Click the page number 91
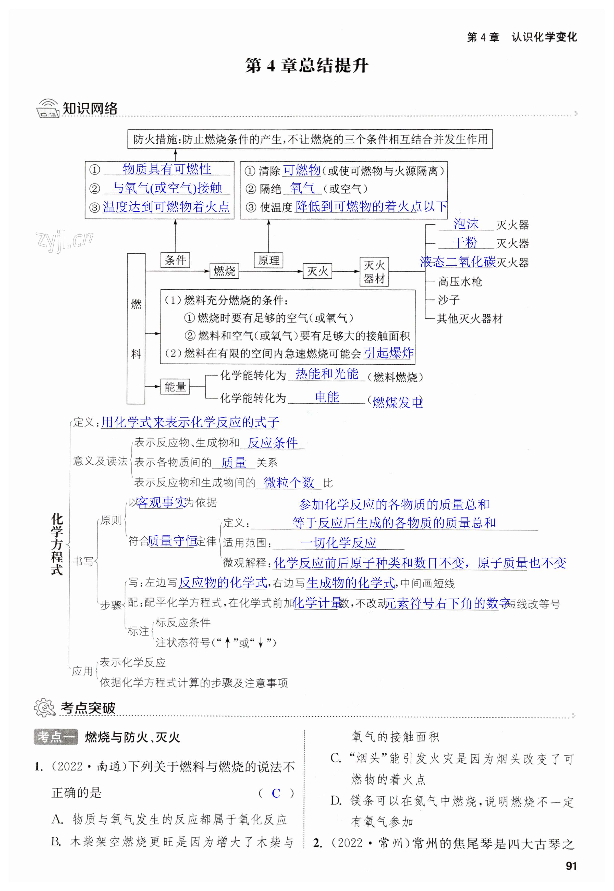[571, 866]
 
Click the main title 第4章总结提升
[306, 66]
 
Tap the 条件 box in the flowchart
[175, 260]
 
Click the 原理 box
[268, 260]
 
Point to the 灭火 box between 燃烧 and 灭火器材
[317, 271]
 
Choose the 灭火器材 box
[374, 271]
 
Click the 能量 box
[175, 387]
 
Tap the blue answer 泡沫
[466, 224]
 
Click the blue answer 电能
[327, 397]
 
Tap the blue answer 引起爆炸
[389, 353]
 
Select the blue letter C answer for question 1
[276, 793]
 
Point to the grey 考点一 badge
[56, 737]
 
